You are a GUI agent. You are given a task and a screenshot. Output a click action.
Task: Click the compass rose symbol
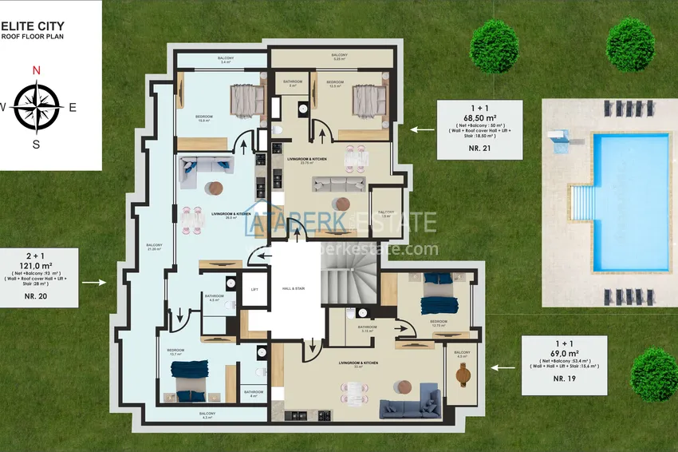(36, 107)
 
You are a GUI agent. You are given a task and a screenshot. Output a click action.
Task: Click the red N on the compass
(36, 70)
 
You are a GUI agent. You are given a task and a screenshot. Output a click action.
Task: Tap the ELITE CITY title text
(33, 26)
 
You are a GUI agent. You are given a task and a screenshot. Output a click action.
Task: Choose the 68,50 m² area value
(480, 117)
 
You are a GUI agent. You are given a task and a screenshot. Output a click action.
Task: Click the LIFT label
(254, 290)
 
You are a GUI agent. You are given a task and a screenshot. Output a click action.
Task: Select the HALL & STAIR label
(294, 288)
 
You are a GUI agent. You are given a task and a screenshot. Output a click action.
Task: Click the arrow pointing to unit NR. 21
(423, 128)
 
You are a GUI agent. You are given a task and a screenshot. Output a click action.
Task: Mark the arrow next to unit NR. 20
(94, 282)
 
